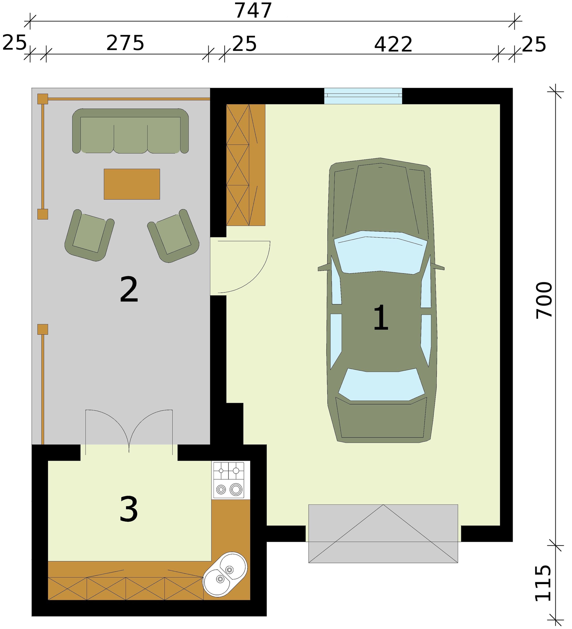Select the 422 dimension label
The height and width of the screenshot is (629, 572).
point(393,45)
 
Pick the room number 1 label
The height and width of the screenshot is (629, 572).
point(381,318)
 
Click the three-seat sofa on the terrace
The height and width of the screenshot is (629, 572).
point(130,131)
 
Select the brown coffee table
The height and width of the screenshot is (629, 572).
point(132,184)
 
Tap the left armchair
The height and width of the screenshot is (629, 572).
point(89,235)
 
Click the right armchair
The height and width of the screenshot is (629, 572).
point(173,236)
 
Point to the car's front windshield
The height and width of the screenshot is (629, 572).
point(381,252)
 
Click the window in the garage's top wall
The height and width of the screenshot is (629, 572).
point(363,96)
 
